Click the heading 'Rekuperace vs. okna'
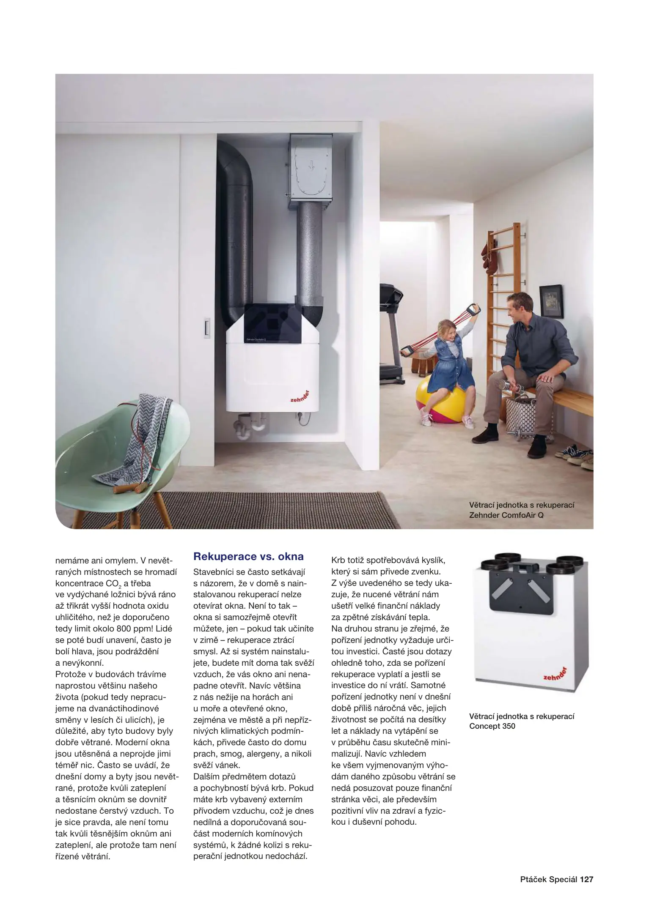click(248, 557)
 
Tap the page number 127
click(586, 880)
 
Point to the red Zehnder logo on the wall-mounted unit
click(300, 396)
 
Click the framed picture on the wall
click(551, 301)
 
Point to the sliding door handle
click(207, 328)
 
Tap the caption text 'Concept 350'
click(492, 726)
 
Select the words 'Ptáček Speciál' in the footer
click(549, 880)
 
